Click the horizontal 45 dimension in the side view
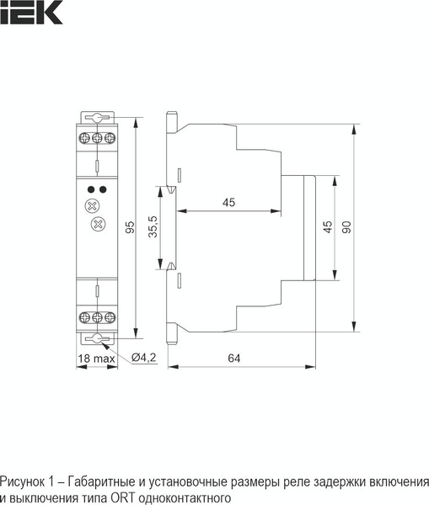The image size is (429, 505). click(x=228, y=202)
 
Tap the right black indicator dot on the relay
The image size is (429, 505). click(x=104, y=189)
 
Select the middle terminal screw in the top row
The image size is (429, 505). click(x=98, y=136)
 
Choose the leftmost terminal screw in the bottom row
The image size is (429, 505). click(x=85, y=317)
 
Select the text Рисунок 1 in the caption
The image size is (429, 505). click(x=25, y=482)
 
